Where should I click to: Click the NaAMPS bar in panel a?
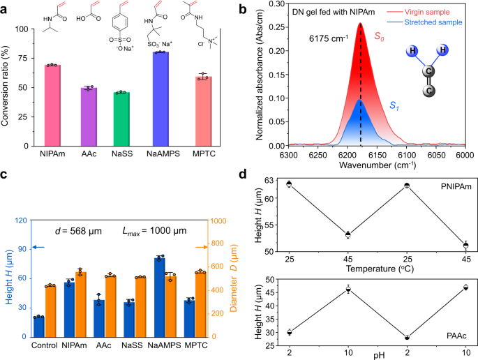click(161, 98)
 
